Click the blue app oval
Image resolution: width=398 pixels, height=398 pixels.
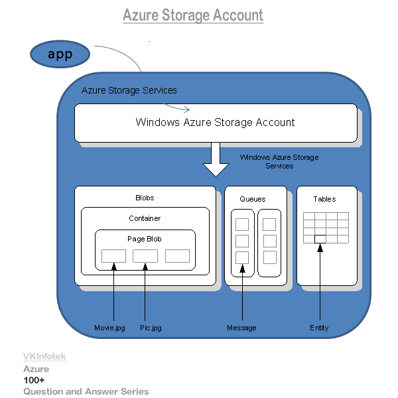coord(60,54)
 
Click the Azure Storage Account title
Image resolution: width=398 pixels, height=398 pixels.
coord(193,15)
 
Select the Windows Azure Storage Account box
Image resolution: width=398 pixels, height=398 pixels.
coord(215,123)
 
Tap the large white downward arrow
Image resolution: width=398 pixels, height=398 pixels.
coord(216,160)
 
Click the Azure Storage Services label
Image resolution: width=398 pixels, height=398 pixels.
coord(129,90)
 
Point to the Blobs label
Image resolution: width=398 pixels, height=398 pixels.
coord(145,198)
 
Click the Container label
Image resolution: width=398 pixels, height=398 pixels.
coord(145,218)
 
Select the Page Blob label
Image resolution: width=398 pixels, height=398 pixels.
coord(145,239)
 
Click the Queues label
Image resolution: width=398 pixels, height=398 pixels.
coord(252,199)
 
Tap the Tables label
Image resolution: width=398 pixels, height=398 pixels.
coord(325,199)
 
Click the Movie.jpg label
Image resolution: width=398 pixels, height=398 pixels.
coord(109,328)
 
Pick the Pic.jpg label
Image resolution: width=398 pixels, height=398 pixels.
coord(151,328)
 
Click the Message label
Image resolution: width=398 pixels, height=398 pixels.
coord(241,328)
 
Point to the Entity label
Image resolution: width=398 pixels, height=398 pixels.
coord(319,328)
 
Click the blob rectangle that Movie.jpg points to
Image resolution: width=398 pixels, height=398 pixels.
coord(113,256)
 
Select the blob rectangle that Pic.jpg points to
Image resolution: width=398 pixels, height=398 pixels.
coord(145,256)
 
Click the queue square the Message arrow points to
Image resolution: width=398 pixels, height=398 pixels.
coord(242,257)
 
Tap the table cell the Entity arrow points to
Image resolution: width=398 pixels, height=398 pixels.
coord(320,239)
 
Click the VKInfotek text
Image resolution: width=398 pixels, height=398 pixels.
coord(44,357)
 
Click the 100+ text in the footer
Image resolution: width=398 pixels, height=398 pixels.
coord(34,380)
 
